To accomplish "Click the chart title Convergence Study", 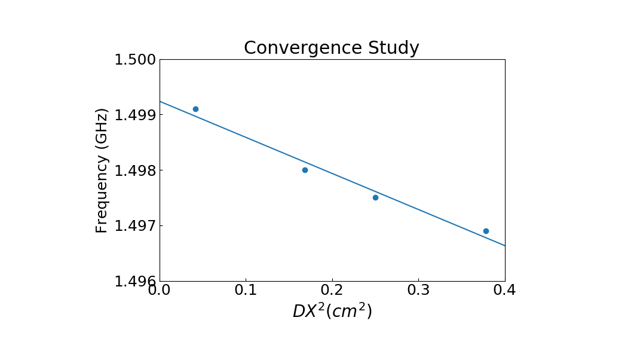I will click(332, 48).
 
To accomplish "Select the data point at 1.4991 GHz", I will click(195, 109).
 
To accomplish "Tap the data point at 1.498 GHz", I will click(305, 170).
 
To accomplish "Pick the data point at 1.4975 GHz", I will click(375, 197).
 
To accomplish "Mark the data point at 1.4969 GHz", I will click(486, 231).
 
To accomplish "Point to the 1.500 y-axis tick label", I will click(134, 60).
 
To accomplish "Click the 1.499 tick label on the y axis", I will click(134, 115).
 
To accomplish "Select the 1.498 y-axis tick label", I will click(134, 170).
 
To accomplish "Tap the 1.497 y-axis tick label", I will click(134, 226).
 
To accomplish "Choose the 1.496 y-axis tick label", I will click(134, 282).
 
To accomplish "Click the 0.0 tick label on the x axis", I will click(160, 291).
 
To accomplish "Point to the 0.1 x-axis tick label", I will click(246, 291).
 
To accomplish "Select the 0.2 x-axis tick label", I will click(332, 291).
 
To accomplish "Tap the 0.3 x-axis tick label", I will click(418, 291).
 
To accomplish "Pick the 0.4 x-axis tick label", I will click(504, 291).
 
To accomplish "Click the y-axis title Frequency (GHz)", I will click(102, 170).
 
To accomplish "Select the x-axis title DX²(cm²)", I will click(332, 312).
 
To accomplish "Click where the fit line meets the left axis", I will click(160, 101).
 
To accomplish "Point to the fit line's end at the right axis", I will click(504, 245).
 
